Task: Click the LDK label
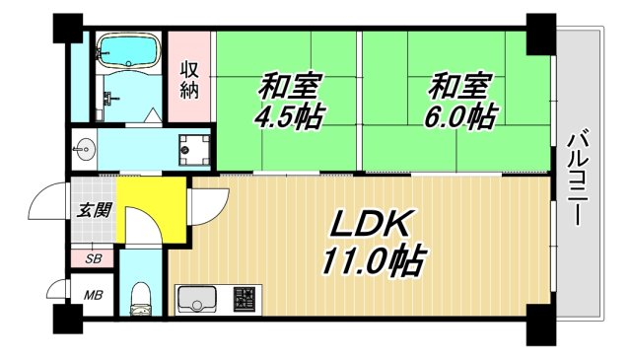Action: pyautogui.click(x=371, y=226)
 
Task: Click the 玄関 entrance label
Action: pyautogui.click(x=93, y=210)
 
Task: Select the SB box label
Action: pyautogui.click(x=92, y=258)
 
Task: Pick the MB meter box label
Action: pyautogui.click(x=92, y=295)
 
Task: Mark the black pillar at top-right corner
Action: pyautogui.click(x=540, y=34)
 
